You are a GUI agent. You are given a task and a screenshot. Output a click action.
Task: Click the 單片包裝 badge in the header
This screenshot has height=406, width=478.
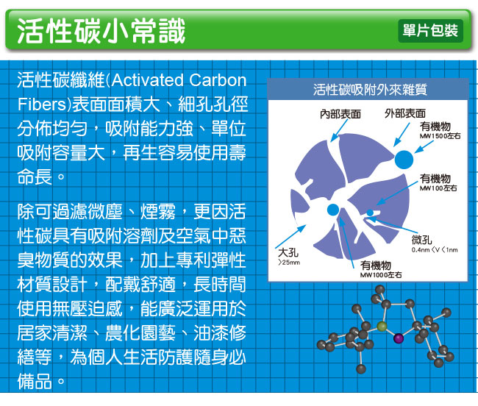point(430,31)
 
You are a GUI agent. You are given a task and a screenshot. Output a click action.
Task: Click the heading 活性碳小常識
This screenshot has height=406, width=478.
point(101,31)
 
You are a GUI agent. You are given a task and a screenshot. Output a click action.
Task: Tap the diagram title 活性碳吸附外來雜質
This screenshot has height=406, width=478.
point(370,90)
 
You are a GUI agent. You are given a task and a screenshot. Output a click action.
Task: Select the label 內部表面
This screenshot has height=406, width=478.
point(340,114)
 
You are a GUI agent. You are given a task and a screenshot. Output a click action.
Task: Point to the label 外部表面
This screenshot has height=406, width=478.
point(405,113)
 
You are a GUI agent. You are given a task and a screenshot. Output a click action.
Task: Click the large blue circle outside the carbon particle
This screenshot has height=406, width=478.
point(404,160)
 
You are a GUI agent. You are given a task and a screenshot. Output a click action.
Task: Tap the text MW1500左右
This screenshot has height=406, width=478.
point(440,136)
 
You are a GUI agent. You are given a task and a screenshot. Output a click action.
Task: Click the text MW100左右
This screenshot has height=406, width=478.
point(438,188)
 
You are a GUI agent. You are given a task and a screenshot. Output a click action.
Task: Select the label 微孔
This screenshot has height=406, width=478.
point(421,240)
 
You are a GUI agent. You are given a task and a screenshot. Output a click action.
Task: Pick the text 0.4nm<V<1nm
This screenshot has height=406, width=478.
point(435,250)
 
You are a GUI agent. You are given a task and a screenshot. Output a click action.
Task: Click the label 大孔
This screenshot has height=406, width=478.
point(288,252)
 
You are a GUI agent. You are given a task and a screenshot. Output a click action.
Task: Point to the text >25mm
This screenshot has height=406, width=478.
point(289,262)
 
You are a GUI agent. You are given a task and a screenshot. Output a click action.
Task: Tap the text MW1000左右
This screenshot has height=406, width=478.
point(381,275)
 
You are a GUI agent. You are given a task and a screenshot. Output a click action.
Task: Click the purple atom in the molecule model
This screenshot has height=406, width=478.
point(398,338)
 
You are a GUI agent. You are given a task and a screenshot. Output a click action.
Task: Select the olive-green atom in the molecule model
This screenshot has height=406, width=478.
point(382,326)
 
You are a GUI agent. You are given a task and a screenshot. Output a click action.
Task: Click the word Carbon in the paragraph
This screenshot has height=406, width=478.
point(218,80)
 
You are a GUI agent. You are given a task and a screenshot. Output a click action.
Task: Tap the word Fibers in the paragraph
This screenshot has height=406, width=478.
point(42,104)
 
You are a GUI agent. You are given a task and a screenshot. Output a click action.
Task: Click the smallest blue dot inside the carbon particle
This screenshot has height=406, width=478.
point(370,213)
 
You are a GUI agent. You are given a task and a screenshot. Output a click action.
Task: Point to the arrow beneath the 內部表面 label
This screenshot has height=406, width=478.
point(339,130)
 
